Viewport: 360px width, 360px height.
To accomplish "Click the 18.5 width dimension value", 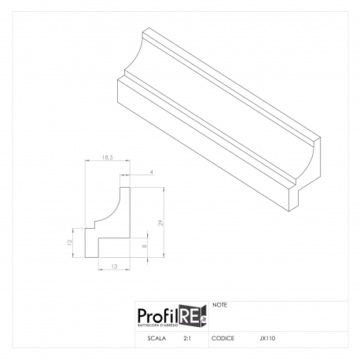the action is coord(108,157).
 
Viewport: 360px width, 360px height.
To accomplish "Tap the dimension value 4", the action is coord(152,172).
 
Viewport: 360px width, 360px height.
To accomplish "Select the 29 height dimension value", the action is coord(160,222).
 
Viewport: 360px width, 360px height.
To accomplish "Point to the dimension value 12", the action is coord(69,243).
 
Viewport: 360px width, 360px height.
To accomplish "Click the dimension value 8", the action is coord(144,246).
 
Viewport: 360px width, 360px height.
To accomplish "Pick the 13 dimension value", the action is coord(114,266).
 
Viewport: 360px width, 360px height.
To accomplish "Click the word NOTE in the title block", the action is coord(220,305).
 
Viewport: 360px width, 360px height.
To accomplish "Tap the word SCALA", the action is coord(156,338).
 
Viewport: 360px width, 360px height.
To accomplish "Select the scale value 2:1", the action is coord(187,338).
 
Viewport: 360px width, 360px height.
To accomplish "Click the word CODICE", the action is coord(222,338).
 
